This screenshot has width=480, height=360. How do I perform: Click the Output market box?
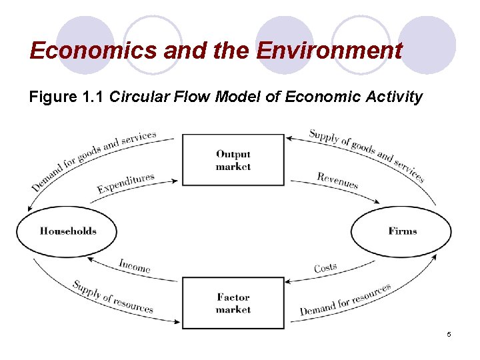[x=233, y=160]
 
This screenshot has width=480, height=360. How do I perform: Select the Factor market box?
[x=233, y=303]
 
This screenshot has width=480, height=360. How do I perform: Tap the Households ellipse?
[x=67, y=231]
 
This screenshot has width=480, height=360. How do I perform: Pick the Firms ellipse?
[x=401, y=231]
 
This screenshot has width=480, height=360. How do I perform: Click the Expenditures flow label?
[x=125, y=183]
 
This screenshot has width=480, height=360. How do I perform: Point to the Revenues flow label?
[x=337, y=180]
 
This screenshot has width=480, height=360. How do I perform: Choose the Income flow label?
[x=135, y=265]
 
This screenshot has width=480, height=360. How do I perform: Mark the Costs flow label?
[x=325, y=267]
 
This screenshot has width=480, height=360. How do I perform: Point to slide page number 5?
[x=449, y=334]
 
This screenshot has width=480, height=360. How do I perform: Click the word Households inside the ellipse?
[x=68, y=231]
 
